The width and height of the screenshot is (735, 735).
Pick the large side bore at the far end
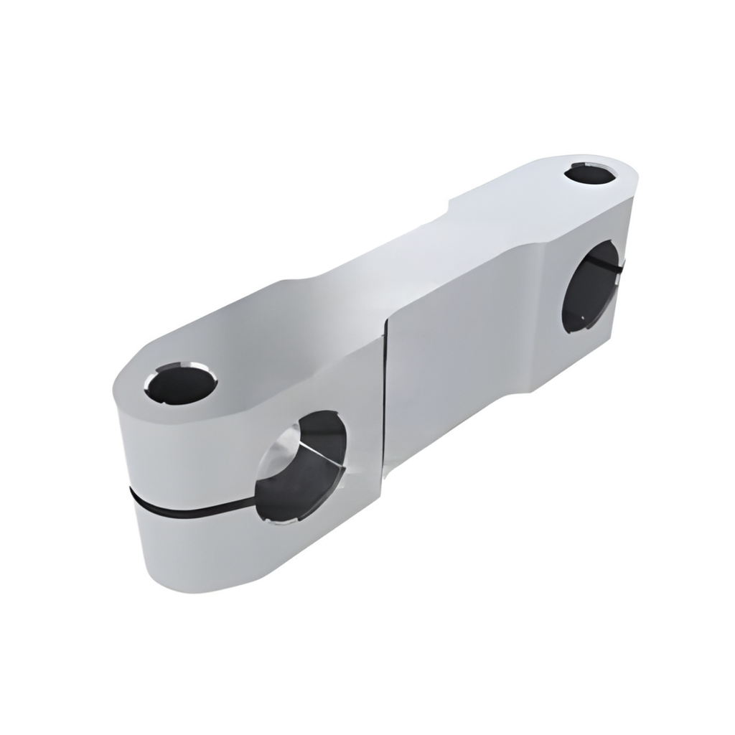(590, 287)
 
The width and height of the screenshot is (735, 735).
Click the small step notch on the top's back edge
(449, 204)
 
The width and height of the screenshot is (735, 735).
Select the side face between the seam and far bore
(474, 337)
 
